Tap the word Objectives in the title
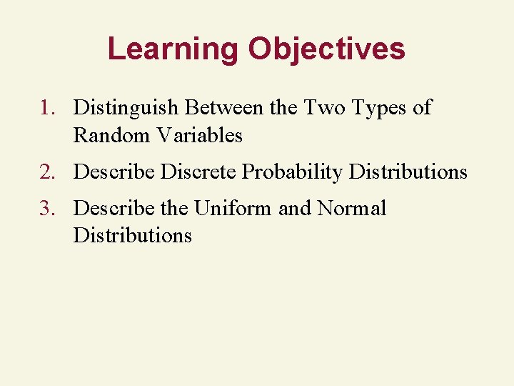pyautogui.click(x=326, y=49)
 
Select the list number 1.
pyautogui.click(x=47, y=108)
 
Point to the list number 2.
pyautogui.click(x=47, y=172)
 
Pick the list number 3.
pyautogui.click(x=47, y=209)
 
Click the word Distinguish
pyautogui.click(x=126, y=108)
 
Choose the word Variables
pyautogui.click(x=200, y=135)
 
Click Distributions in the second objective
pyautogui.click(x=408, y=172)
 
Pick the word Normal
pyautogui.click(x=351, y=209)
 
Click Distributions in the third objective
pyautogui.click(x=132, y=236)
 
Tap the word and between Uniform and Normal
pyautogui.click(x=294, y=209)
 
